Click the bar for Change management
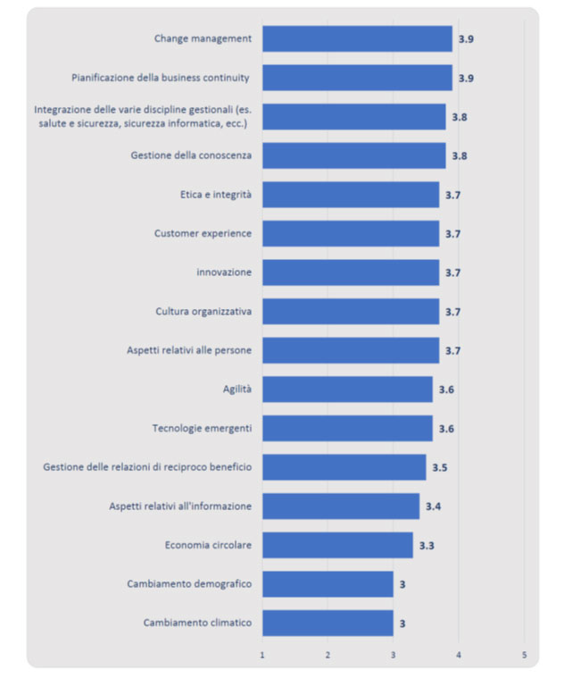pyautogui.click(x=357, y=38)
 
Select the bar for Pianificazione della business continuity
pyautogui.click(x=357, y=78)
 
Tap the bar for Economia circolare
pyautogui.click(x=337, y=545)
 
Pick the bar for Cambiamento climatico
pyautogui.click(x=328, y=623)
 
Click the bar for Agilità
pyautogui.click(x=347, y=389)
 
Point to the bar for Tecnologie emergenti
pyautogui.click(x=347, y=429)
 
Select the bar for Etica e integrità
pyautogui.click(x=351, y=195)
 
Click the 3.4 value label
pyautogui.click(x=433, y=506)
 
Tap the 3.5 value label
pyautogui.click(x=440, y=467)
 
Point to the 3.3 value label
pyautogui.click(x=427, y=545)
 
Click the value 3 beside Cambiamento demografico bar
pyautogui.click(x=402, y=584)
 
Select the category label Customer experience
pyautogui.click(x=203, y=233)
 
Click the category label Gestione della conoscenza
pyautogui.click(x=191, y=155)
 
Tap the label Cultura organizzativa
pyautogui.click(x=203, y=312)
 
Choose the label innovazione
pyautogui.click(x=224, y=272)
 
